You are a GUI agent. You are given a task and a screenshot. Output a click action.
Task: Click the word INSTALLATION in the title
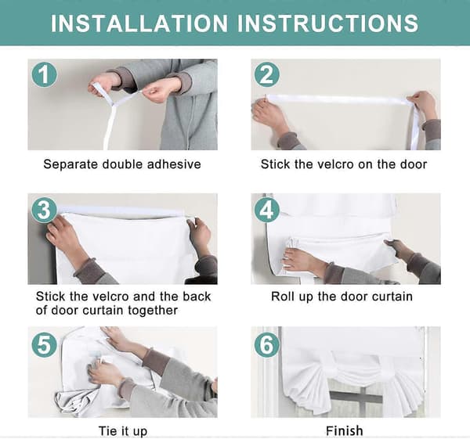(x=139, y=23)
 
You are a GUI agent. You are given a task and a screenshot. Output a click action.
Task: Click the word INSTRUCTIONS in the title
(x=328, y=23)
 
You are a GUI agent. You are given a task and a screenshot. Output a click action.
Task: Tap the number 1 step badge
(x=45, y=75)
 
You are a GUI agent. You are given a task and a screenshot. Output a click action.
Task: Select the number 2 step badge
(x=267, y=75)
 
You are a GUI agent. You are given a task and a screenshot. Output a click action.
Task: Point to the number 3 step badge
(x=45, y=210)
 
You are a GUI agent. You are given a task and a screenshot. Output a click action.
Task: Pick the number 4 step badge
(x=267, y=210)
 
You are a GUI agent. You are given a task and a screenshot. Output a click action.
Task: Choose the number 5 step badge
(x=45, y=344)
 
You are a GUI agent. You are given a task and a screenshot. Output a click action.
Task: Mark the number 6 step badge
(x=267, y=344)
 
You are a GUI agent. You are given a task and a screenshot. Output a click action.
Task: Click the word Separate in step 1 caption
(x=70, y=164)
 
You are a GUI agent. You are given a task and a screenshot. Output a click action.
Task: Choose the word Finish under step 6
(x=345, y=431)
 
